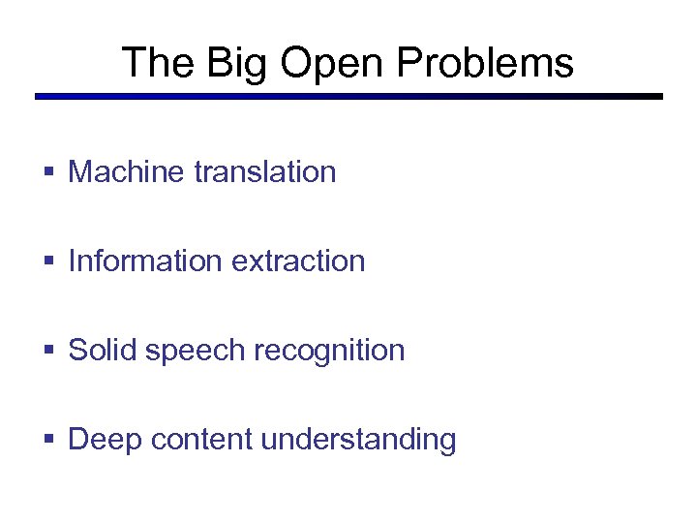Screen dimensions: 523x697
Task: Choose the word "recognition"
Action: (327, 351)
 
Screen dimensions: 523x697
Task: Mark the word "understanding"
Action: (359, 440)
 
